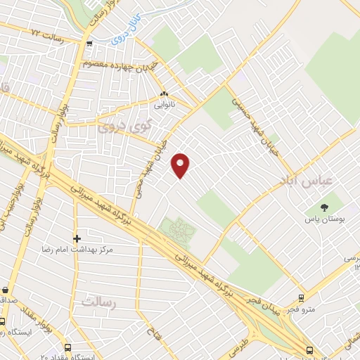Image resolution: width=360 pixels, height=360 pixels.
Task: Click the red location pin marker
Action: point(181,165)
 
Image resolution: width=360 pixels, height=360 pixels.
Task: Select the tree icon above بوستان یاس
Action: point(324,207)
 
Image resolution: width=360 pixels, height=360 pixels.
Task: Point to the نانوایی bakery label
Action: point(165,106)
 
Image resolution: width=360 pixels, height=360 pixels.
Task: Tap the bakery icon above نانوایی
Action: point(165,94)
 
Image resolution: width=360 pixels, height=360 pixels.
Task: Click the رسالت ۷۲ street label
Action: point(43,33)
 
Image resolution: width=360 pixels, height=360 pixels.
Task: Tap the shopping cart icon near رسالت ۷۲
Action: point(89,44)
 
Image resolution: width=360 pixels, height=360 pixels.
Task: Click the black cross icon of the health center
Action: point(77,238)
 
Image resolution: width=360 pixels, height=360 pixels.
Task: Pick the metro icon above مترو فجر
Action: point(302,297)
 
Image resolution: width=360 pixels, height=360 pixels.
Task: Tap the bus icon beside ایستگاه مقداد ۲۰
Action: point(67,347)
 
